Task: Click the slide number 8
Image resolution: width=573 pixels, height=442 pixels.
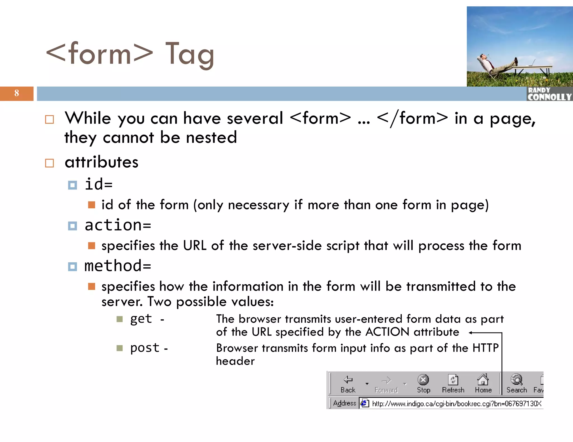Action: [x=17, y=93]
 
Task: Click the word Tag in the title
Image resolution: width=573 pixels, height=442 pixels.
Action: [x=190, y=54]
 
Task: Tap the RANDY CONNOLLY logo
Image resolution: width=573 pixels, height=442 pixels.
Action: [x=549, y=94]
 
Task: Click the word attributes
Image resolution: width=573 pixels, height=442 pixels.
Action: [x=101, y=162]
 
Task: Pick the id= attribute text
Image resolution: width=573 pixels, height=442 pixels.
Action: [x=98, y=184]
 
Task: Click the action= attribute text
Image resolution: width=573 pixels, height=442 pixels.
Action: [x=118, y=225]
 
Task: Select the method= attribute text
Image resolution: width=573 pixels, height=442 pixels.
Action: [x=118, y=266]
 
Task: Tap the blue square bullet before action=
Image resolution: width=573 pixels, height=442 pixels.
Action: [x=72, y=226]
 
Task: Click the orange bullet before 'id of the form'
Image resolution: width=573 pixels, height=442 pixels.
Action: [x=91, y=205]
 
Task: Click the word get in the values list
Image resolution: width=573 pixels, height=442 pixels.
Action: [x=141, y=319]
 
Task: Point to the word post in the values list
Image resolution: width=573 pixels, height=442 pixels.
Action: [x=145, y=348]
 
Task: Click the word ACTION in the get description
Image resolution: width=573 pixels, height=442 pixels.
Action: [x=387, y=332]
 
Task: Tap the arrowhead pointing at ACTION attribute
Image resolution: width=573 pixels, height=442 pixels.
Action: [x=471, y=333]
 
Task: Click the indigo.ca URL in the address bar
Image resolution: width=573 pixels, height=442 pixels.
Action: [x=456, y=404]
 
